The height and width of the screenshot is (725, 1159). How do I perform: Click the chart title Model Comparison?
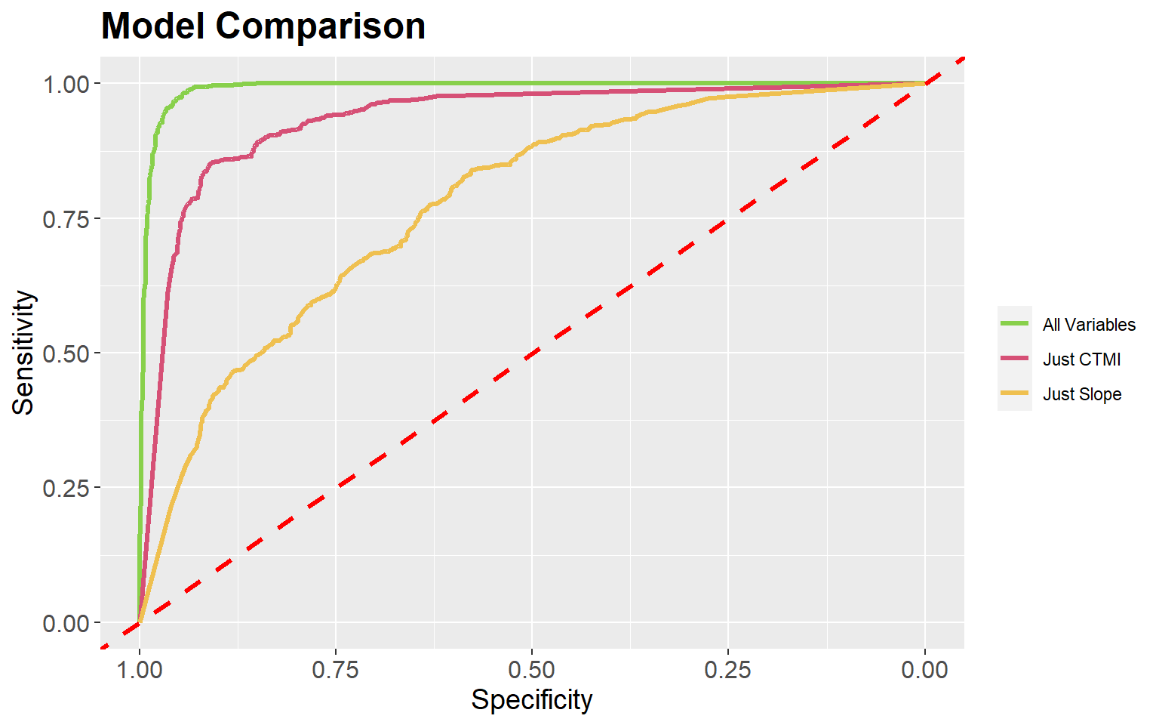263,27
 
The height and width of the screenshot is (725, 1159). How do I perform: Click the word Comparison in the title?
320,27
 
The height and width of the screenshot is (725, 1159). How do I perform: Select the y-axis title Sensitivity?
23,353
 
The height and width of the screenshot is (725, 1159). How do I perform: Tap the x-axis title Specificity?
532,700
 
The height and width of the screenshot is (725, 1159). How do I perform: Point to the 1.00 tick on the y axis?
66,84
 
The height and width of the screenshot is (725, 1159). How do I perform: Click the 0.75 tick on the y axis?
66,219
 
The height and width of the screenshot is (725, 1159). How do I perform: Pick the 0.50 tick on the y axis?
66,353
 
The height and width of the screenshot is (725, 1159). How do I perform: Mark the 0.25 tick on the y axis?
66,489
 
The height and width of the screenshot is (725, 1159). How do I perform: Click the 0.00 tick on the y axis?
66,624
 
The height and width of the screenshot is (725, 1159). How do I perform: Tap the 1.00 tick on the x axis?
140,669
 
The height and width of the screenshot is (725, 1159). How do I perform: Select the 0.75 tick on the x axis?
336,669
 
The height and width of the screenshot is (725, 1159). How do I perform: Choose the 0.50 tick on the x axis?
532,669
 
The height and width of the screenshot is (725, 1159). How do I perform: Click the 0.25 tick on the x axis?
728,669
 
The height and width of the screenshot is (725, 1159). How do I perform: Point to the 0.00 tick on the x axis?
925,669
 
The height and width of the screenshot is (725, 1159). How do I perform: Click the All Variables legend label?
1089,325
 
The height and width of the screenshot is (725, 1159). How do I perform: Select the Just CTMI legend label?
1081,359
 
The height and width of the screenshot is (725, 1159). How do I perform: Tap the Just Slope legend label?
1082,394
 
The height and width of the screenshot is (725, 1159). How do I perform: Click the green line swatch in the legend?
1015,324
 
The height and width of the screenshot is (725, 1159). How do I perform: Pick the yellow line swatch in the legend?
1015,393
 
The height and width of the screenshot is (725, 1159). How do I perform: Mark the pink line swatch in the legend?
1015,359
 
